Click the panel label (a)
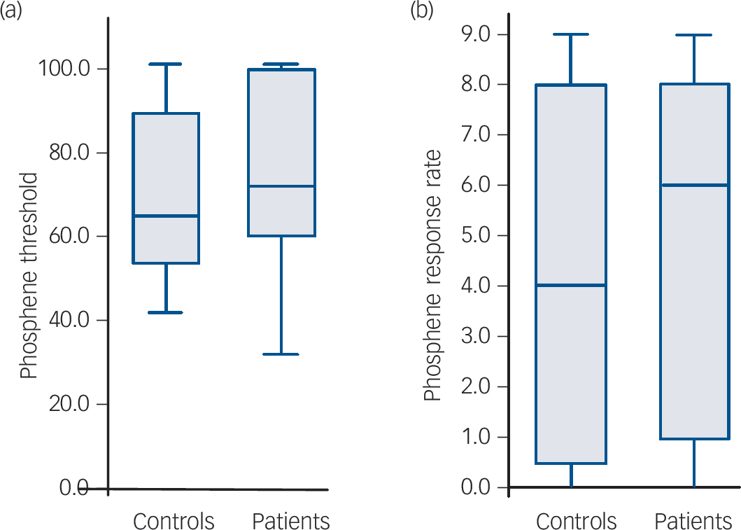tap(13, 12)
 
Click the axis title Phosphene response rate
tap(433, 275)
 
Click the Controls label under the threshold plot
tap(174, 522)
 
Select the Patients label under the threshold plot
tap(290, 522)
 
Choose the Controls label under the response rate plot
tap(577, 522)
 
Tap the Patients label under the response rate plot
tap(693, 522)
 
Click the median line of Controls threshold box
tap(167, 216)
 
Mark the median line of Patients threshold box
tap(282, 186)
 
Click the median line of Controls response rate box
tap(571, 285)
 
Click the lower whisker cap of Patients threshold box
tap(282, 354)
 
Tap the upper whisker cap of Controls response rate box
tap(571, 34)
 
